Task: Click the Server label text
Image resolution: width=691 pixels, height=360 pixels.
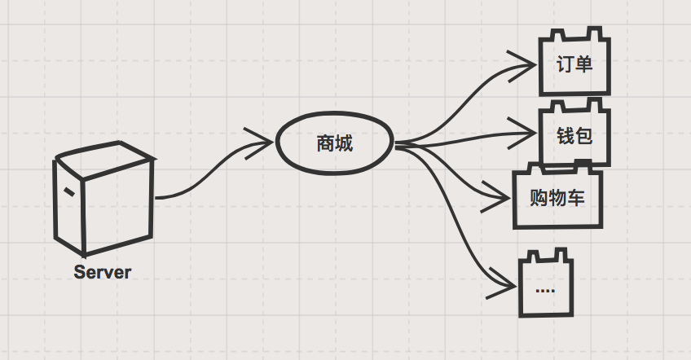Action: [102, 272]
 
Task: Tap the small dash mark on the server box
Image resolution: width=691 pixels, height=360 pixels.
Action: [71, 192]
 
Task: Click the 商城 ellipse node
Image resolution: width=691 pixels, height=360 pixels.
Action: [335, 144]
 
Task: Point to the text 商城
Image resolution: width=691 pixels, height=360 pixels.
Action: [335, 144]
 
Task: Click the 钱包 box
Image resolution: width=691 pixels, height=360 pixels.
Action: [575, 134]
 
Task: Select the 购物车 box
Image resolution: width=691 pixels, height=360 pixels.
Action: [557, 197]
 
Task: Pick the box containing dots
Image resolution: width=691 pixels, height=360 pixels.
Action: [546, 287]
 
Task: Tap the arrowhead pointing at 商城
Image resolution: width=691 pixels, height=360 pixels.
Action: [262, 140]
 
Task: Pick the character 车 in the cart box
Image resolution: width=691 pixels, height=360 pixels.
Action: [576, 197]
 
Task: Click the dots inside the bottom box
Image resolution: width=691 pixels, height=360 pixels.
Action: [545, 291]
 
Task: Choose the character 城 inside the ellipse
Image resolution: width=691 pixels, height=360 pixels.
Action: [345, 144]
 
